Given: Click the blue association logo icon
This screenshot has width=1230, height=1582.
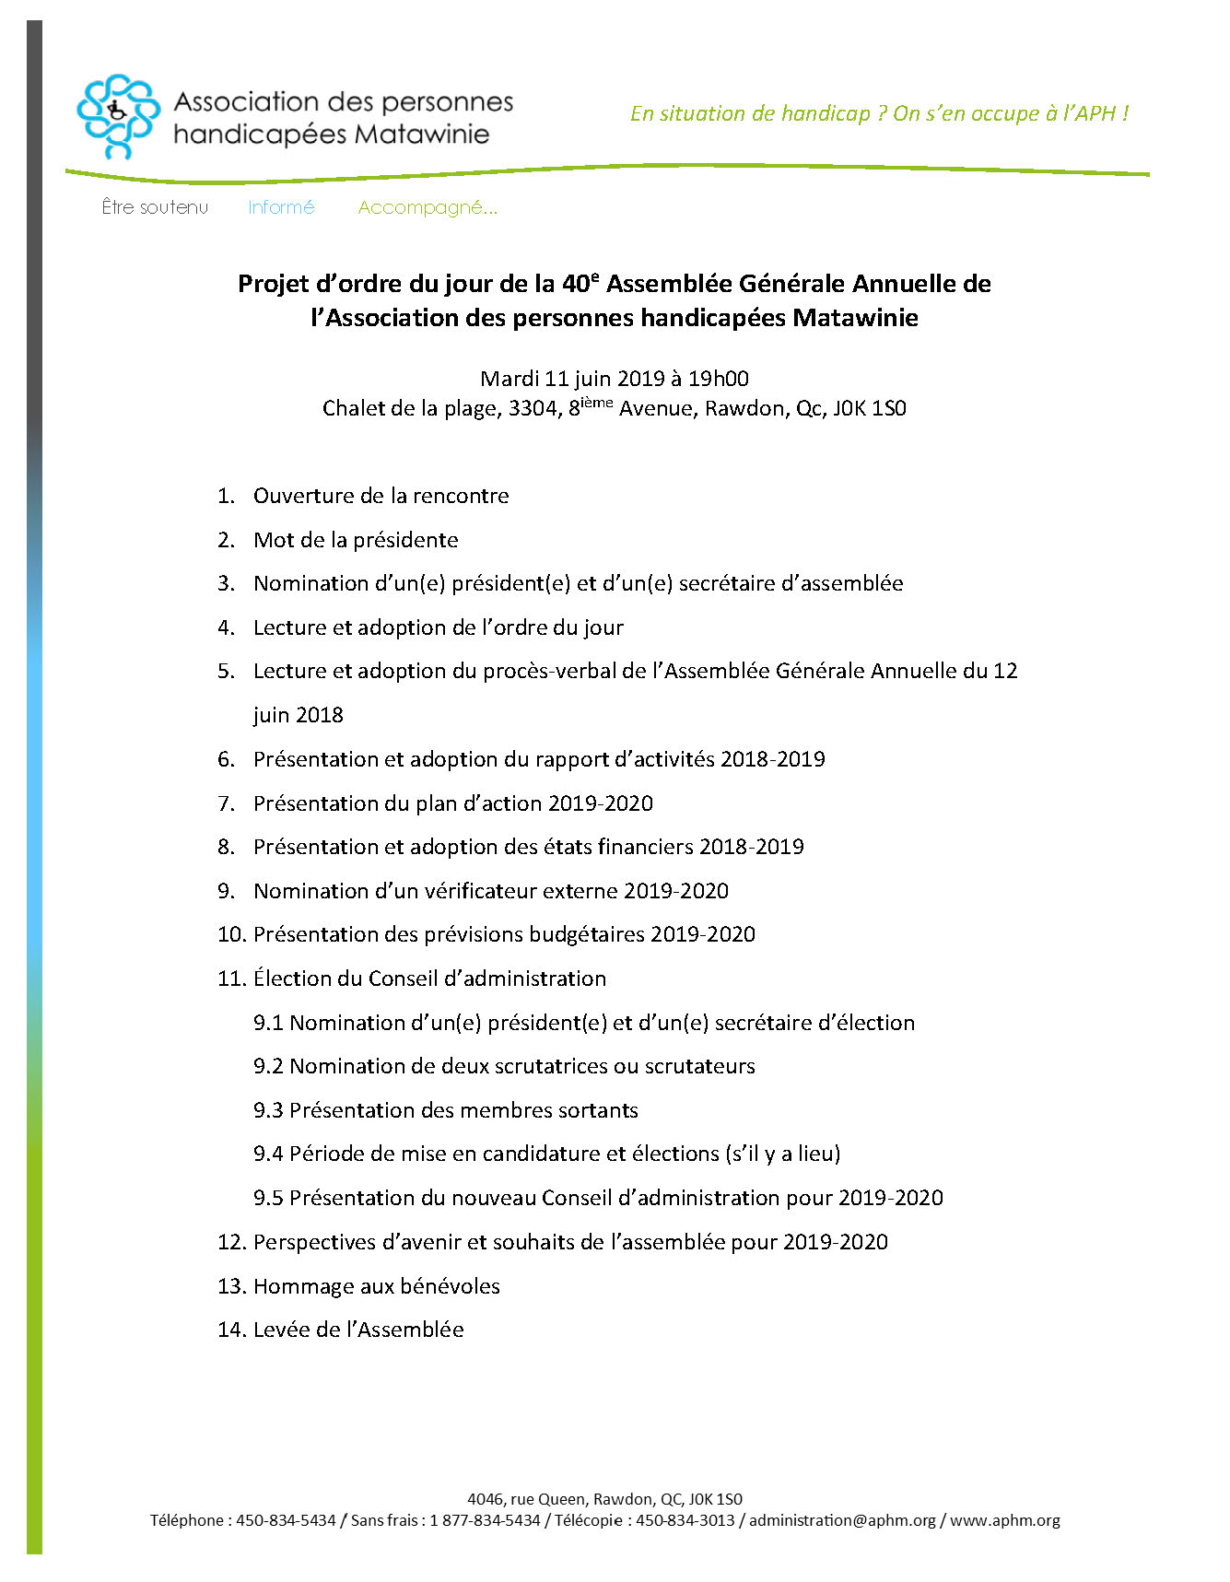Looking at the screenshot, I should (118, 116).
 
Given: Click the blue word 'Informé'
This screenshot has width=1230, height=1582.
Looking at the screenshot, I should (281, 207).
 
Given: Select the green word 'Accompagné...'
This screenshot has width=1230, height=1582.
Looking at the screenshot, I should (428, 207).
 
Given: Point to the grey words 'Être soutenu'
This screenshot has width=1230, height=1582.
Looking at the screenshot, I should (155, 207).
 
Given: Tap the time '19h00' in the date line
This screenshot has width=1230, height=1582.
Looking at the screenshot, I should (719, 378).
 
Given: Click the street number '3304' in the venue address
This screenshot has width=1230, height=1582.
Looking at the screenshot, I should (533, 408).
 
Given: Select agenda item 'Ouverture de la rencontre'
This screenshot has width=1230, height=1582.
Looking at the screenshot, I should (381, 496).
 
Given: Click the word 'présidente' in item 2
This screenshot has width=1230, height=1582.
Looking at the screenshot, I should (406, 540).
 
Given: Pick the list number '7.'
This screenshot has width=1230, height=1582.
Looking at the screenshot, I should (227, 803).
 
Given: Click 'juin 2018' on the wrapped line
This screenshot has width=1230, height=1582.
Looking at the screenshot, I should (298, 715).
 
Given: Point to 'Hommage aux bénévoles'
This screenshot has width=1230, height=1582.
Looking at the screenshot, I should (376, 1286).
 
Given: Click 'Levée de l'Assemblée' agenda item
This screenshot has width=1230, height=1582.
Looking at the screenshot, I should (358, 1330).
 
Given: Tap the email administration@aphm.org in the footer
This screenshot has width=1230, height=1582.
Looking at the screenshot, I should (842, 1520).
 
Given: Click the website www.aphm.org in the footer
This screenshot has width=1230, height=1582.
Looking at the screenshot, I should (1004, 1520).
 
